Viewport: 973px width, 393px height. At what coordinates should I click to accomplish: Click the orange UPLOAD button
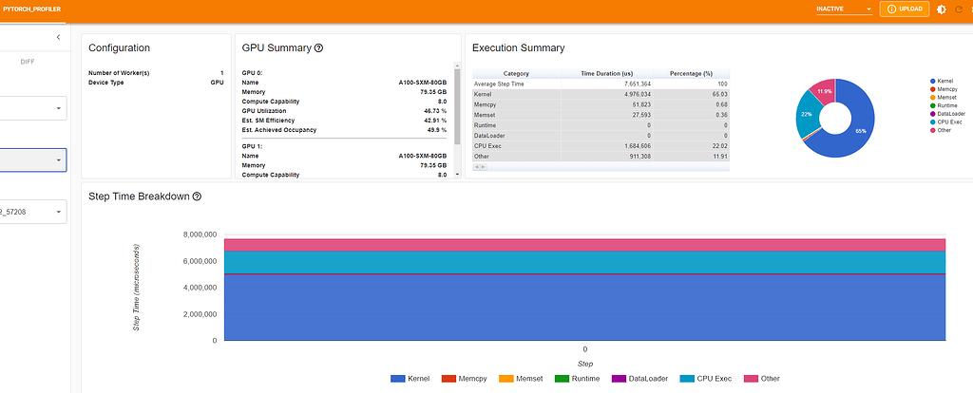[x=904, y=9]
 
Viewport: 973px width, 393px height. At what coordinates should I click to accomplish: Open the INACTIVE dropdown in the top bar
[x=844, y=9]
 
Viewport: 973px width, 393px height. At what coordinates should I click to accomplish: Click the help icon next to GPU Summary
[x=318, y=47]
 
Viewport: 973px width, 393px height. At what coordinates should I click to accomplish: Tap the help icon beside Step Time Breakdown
[x=197, y=196]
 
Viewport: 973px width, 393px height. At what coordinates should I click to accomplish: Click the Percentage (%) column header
[x=690, y=73]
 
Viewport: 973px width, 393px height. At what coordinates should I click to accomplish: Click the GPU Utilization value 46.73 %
[x=431, y=111]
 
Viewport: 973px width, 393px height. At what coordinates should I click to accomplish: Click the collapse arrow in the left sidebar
[x=59, y=37]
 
